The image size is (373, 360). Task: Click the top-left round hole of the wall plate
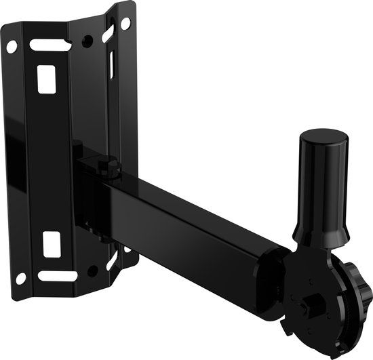12,47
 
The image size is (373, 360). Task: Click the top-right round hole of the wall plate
125,23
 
